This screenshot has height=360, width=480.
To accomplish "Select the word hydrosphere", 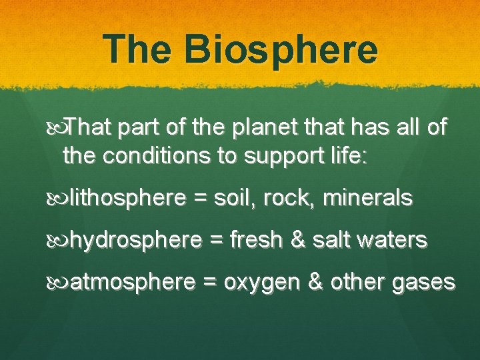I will pos(135,241).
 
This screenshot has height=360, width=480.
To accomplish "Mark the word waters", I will pos(395,241).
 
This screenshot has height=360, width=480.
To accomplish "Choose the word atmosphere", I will pos(132,283).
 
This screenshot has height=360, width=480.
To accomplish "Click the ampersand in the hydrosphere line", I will pos(297,241).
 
